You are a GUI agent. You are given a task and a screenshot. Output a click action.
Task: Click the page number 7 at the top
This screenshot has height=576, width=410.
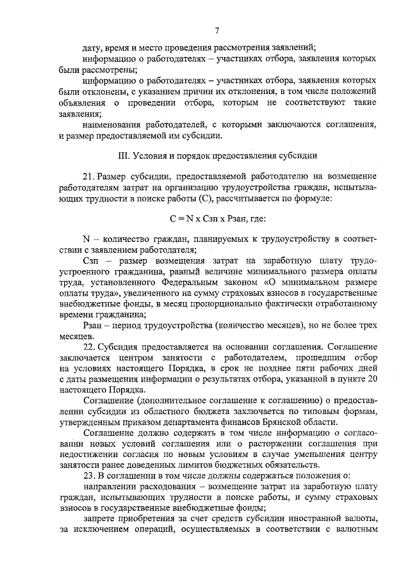tap(217, 30)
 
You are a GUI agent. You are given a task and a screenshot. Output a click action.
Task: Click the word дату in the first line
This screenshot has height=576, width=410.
tap(93, 48)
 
